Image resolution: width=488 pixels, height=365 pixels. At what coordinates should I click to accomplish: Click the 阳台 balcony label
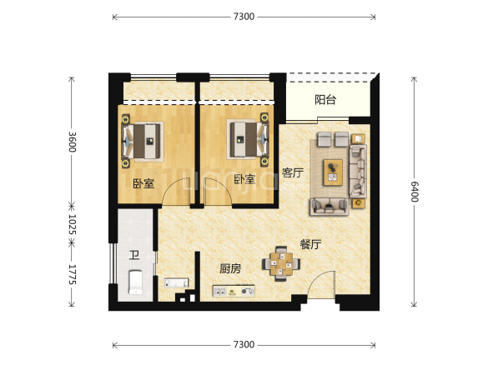point(325,100)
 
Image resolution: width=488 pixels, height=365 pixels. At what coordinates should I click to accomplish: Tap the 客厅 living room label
point(293,172)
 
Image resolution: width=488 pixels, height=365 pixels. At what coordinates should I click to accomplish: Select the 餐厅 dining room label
point(310,244)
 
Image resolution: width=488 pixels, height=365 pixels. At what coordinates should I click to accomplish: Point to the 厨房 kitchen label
point(230,268)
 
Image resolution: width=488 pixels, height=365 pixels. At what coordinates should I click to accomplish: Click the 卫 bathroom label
point(134,256)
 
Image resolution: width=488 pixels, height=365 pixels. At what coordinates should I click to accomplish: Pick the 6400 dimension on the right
point(415,192)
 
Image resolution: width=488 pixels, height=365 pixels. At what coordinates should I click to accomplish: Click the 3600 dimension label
point(73,142)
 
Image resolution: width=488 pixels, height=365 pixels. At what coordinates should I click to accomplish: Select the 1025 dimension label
point(73,224)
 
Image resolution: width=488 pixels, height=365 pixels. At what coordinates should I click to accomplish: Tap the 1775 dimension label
point(73,274)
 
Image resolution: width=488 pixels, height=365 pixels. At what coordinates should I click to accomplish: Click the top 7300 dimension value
point(244,17)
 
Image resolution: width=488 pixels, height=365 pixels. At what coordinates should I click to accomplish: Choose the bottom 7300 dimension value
point(244,344)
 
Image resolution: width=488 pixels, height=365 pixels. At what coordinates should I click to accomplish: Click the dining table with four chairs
point(281,263)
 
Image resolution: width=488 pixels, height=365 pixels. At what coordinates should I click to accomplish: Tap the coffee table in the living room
point(333,172)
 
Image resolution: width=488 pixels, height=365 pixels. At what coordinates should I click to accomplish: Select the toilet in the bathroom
point(136,282)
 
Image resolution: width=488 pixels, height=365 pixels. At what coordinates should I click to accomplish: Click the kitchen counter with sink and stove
point(234,291)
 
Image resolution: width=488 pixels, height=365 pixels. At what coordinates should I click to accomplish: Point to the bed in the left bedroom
point(143,141)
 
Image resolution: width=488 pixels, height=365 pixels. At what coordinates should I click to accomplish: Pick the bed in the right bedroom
point(248,139)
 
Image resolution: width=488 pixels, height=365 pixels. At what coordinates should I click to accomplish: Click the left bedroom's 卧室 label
point(143,183)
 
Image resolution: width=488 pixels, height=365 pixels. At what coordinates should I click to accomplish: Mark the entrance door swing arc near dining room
point(318,277)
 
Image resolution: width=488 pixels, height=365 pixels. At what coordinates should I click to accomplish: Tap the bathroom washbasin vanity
point(176,282)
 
